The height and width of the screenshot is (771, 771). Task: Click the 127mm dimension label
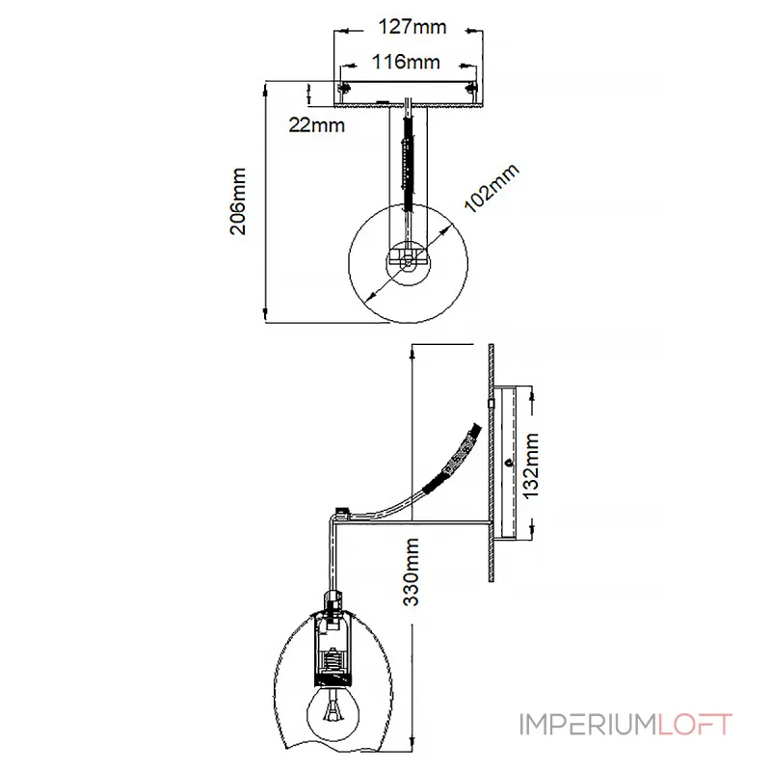pos(412,27)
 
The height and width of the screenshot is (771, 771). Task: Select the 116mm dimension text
pos(406,62)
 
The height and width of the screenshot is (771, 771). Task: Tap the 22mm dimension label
pos(317,125)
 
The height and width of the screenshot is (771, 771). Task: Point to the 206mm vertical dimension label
pos(238,201)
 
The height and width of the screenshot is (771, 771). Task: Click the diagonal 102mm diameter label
pos(492,188)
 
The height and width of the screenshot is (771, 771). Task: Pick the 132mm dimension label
pos(531,466)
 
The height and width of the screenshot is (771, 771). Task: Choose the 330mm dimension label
pos(412,572)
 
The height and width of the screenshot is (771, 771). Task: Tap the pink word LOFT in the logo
pos(695,725)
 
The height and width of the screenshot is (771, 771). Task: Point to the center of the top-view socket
pos(408,262)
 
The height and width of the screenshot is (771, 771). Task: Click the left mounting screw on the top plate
pos(343,88)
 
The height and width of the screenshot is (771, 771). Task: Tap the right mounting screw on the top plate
pos(471,88)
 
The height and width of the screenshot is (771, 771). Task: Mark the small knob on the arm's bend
pos(340,511)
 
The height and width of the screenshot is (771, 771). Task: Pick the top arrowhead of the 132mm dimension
pos(532,393)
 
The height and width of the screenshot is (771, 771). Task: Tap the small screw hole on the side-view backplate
pos(510,463)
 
